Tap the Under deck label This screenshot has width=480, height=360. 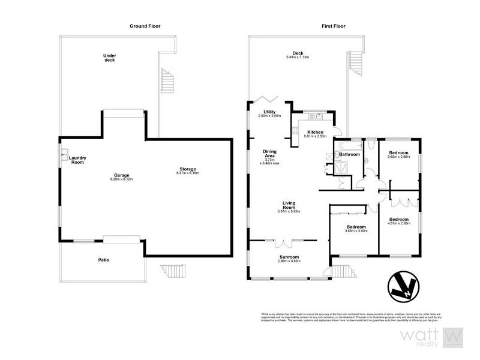(110, 58)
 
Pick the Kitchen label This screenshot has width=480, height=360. (315, 133)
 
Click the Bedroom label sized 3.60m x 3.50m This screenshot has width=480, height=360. (355, 227)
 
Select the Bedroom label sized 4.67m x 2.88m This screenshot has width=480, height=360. (398, 220)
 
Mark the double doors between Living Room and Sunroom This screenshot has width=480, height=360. (281, 243)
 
